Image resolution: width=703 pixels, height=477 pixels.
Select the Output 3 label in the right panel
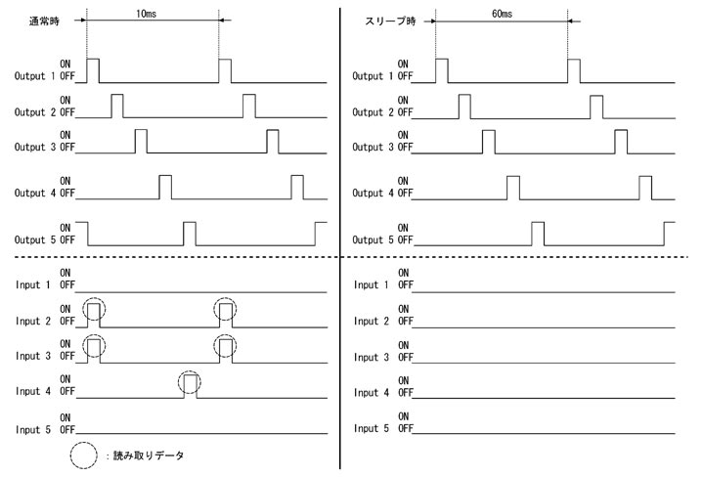pos(373,147)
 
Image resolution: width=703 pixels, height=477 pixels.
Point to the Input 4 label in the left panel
pos(34,392)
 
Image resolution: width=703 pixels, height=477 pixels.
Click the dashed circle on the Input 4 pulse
pos(190,384)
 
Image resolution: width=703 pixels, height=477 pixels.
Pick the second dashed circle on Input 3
pos(226,347)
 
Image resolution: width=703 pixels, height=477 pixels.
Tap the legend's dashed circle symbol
pos(85,455)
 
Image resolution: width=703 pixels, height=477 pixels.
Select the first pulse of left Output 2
pos(117,106)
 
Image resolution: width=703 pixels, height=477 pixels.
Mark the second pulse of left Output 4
pos(297,186)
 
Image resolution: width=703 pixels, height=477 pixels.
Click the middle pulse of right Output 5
pos(538,233)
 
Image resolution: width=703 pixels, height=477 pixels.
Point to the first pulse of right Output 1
pos(441,70)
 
